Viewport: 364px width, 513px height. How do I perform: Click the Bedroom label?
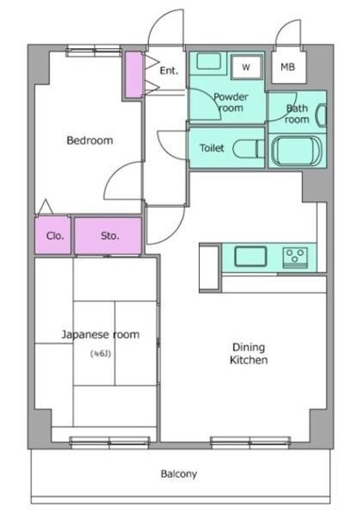90,140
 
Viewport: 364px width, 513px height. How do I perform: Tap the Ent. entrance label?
169,71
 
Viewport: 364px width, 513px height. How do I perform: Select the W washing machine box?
246,67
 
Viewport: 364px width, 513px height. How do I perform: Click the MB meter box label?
288,67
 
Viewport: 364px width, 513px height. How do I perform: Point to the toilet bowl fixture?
249,149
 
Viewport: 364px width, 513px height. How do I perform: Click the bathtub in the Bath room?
297,151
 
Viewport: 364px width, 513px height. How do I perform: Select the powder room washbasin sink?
208,61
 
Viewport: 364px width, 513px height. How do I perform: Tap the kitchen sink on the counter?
250,256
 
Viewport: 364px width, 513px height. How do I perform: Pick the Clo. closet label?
55,236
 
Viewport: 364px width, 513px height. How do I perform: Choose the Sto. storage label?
109,236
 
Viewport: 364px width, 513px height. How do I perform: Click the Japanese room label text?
100,334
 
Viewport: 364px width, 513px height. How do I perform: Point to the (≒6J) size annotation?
100,353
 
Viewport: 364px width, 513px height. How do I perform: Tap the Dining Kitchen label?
249,353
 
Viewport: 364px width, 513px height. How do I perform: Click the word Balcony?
179,474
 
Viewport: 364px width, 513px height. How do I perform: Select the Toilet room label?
212,147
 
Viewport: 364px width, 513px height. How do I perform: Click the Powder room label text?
231,102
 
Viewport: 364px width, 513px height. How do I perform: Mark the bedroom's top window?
94,51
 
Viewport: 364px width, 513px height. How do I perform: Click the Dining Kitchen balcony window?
250,442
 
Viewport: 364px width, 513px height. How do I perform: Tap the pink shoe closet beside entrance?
134,75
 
